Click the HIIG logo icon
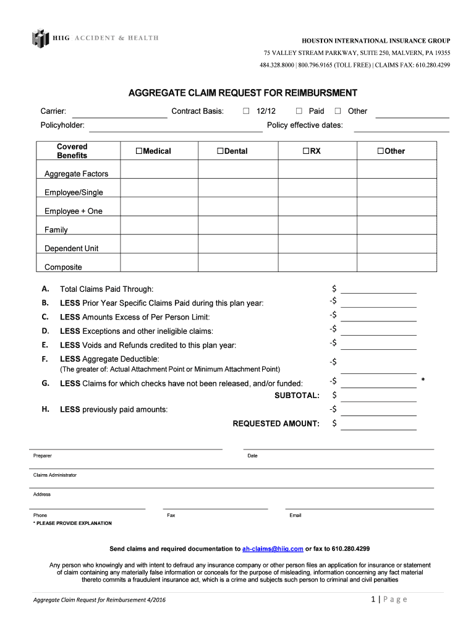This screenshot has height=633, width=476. [40, 38]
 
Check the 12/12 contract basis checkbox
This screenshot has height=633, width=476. [245, 111]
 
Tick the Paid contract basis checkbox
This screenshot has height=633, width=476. [299, 111]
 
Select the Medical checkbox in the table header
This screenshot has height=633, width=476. [139, 151]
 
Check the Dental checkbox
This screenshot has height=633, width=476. [220, 151]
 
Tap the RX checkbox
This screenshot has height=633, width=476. [305, 151]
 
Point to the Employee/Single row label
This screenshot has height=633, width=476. [74, 193]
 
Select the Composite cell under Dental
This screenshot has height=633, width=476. [238, 263]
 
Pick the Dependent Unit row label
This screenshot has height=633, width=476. [71, 249]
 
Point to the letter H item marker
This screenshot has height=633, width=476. [45, 409]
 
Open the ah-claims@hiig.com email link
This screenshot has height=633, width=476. [273, 549]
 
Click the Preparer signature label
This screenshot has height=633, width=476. [43, 456]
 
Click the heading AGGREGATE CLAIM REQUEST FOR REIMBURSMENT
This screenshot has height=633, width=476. [242, 93]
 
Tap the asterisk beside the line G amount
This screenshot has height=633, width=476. [423, 380]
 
